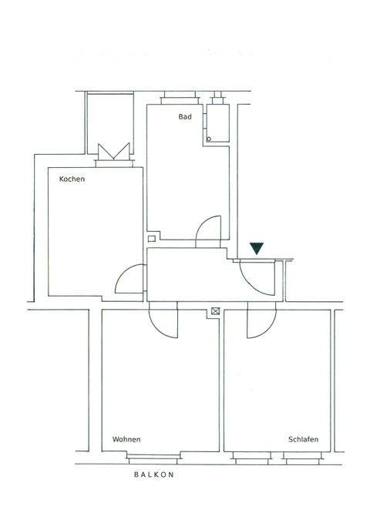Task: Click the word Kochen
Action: [x=72, y=179]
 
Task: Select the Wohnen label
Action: [x=126, y=440]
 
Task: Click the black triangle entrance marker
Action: [x=257, y=248]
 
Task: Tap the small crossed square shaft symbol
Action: [x=214, y=310]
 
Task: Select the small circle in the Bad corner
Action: [x=208, y=139]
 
